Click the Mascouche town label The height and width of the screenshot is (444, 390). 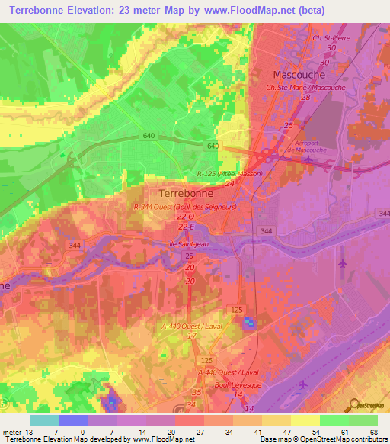click(x=299, y=75)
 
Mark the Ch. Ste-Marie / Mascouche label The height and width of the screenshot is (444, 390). click(x=305, y=88)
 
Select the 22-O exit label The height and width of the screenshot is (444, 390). click(x=187, y=217)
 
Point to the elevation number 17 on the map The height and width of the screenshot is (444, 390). click(x=192, y=335)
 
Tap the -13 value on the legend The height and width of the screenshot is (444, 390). click(x=28, y=431)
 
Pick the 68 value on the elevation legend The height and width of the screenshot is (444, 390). click(x=372, y=431)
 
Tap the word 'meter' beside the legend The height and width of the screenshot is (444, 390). click(x=11, y=431)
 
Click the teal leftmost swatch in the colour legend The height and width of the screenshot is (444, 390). click(x=45, y=420)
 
